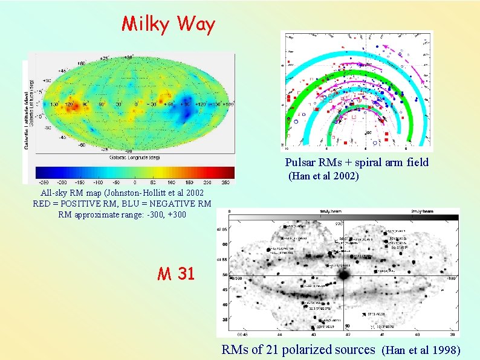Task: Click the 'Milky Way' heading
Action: coord(168,24)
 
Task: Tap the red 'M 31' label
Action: coord(176,274)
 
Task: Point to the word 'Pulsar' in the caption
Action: coord(300,162)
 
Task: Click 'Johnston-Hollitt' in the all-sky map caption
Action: coord(126,193)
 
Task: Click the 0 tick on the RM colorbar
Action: coord(134,182)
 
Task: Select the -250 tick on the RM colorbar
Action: coord(44,182)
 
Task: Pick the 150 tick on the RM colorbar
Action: coord(189,182)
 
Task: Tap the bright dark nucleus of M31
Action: coord(344,275)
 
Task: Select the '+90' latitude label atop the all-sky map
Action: coord(128,57)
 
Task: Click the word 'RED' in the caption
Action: coord(43,204)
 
